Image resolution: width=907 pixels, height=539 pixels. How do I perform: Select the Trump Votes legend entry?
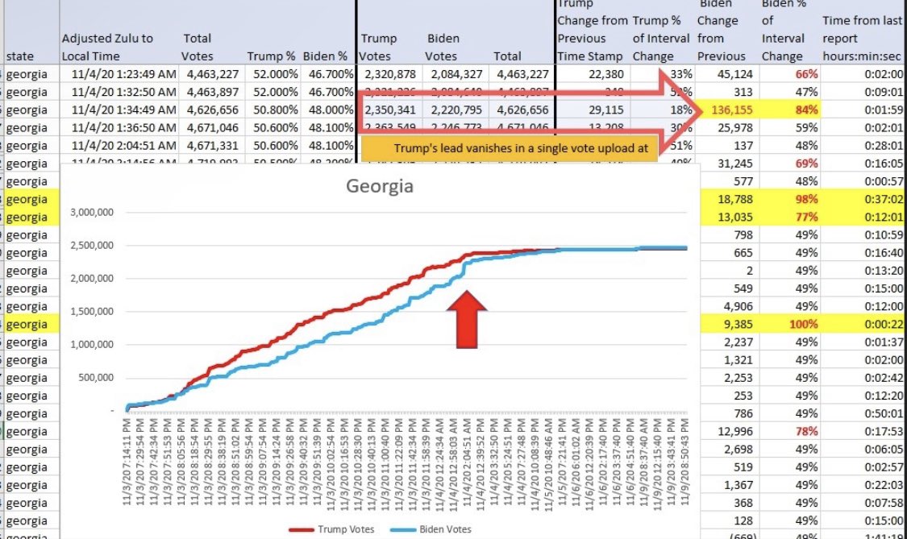(323, 529)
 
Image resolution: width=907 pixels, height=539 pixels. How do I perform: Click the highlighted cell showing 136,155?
(731, 110)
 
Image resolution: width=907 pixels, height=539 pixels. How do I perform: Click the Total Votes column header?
(198, 47)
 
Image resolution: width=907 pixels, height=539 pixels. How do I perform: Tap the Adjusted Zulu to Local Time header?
(107, 47)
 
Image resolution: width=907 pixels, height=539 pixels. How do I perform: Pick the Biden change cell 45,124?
(731, 73)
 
